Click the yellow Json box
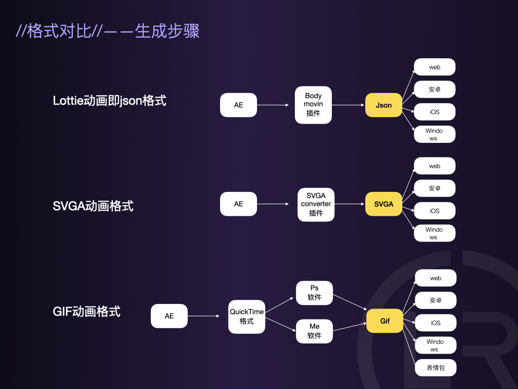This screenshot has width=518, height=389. tap(383, 105)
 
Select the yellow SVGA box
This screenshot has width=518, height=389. tap(383, 204)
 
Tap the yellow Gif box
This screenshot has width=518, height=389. tap(384, 321)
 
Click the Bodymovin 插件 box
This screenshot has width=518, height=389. tap(313, 105)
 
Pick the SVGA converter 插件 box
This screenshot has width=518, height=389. tap(316, 204)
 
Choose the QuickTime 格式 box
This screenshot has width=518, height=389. tap(246, 317)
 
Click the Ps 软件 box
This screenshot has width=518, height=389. tap(314, 293)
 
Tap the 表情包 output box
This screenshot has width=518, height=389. tap(435, 368)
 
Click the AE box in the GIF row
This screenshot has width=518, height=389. tap(169, 316)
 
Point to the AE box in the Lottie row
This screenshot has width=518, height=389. tap(238, 105)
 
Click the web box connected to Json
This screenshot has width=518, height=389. tap(435, 67)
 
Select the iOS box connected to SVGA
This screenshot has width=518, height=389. tap(435, 211)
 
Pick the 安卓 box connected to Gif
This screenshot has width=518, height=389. tap(436, 300)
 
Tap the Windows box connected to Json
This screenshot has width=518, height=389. tap(434, 134)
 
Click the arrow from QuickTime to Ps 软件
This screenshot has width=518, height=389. tap(279, 305)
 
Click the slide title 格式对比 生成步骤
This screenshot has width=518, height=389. tap(108, 31)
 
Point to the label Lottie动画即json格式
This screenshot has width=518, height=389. tap(109, 101)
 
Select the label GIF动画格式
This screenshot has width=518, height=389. tap(87, 311)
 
